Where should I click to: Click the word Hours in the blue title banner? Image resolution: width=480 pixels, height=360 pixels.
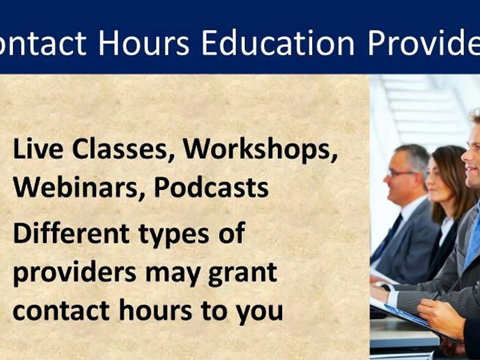[144, 43]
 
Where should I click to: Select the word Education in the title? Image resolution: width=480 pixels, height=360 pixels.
[278, 43]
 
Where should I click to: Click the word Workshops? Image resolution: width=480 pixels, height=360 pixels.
[260, 150]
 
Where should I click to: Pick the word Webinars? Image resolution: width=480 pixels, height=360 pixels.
[78, 187]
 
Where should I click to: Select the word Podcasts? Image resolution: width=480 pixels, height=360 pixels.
[211, 187]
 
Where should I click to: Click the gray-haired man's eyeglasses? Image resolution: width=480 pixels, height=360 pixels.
[401, 172]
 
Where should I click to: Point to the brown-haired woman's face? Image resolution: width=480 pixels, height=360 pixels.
[440, 174]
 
